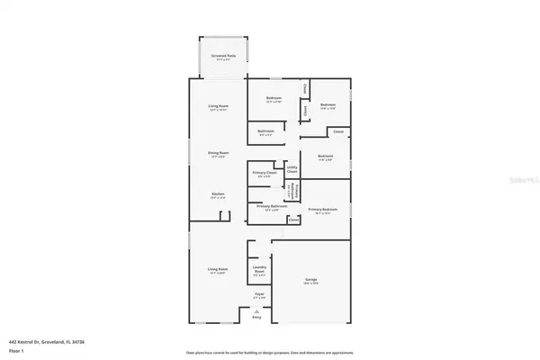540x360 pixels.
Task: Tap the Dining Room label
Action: (x=218, y=153)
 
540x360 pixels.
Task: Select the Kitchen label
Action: (x=218, y=194)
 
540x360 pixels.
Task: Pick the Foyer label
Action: (x=259, y=294)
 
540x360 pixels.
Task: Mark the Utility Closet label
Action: (x=292, y=168)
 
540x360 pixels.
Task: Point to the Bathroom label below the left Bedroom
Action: (x=265, y=131)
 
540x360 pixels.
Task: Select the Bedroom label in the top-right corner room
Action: (x=328, y=105)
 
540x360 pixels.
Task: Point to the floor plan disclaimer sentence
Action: (x=269, y=352)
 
